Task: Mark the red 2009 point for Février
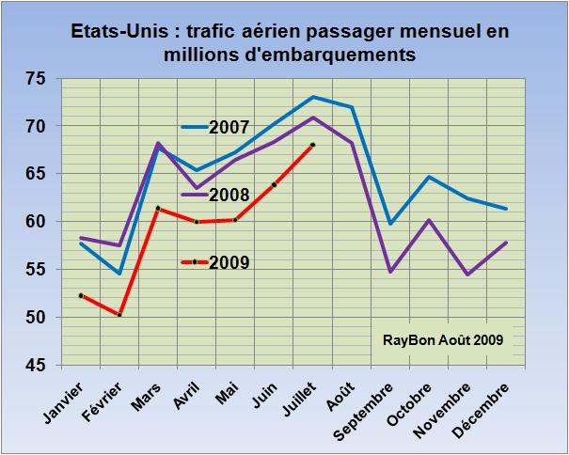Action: click(x=119, y=315)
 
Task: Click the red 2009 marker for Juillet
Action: click(x=312, y=145)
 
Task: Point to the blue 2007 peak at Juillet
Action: click(x=312, y=97)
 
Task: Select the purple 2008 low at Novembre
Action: click(x=467, y=275)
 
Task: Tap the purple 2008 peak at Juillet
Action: click(x=312, y=118)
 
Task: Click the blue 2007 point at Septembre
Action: click(x=390, y=224)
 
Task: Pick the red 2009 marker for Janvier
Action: click(x=81, y=295)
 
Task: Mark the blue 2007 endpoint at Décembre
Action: click(x=506, y=209)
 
